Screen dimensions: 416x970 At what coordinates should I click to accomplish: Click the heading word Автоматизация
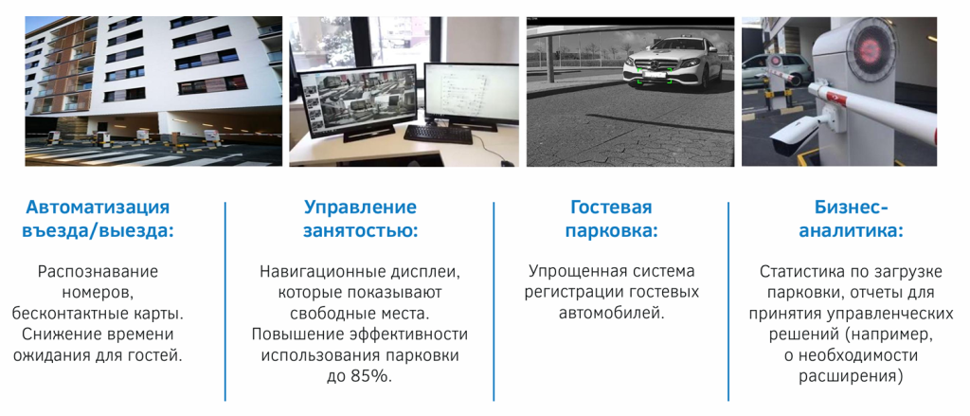tap(98, 208)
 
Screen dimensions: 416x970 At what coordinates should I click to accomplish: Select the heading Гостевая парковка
tap(611, 219)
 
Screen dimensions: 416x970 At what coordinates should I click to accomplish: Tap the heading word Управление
tap(360, 208)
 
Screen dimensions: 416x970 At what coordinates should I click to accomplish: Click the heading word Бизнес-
tap(851, 208)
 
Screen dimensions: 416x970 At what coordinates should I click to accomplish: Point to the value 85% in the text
tap(372, 376)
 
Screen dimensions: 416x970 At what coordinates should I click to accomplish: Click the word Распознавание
tap(98, 272)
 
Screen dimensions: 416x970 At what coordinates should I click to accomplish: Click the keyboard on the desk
tap(437, 135)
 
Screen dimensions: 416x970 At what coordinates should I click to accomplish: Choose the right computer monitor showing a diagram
tap(464, 92)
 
